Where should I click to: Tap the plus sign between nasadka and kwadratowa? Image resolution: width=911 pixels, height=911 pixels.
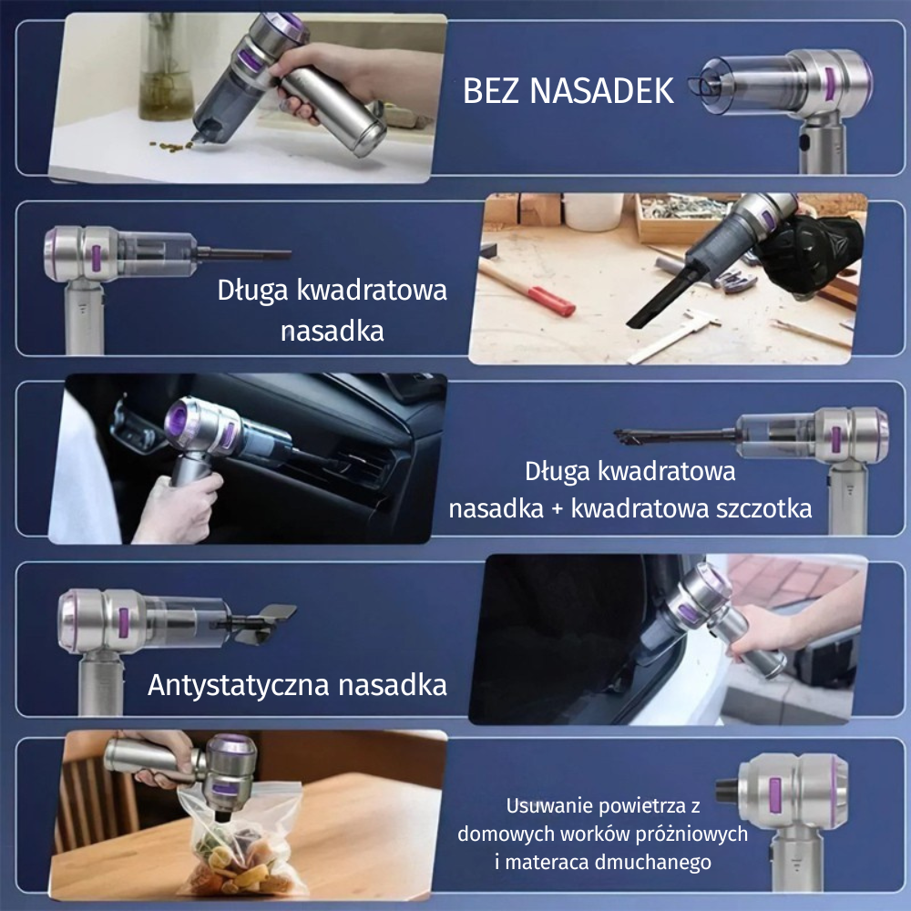[x=558, y=509]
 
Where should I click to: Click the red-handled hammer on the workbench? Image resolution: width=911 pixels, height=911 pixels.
[x=527, y=287]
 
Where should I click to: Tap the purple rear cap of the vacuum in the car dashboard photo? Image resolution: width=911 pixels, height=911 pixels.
[x=179, y=418]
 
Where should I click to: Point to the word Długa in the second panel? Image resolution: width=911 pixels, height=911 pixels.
[x=252, y=291]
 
